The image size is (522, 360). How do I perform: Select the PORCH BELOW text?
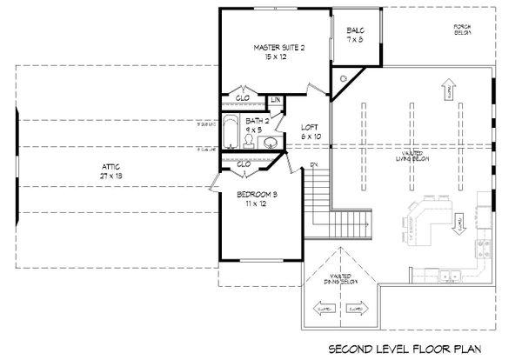pos(462,30)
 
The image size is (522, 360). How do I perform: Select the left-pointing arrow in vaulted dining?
pos(324,307)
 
